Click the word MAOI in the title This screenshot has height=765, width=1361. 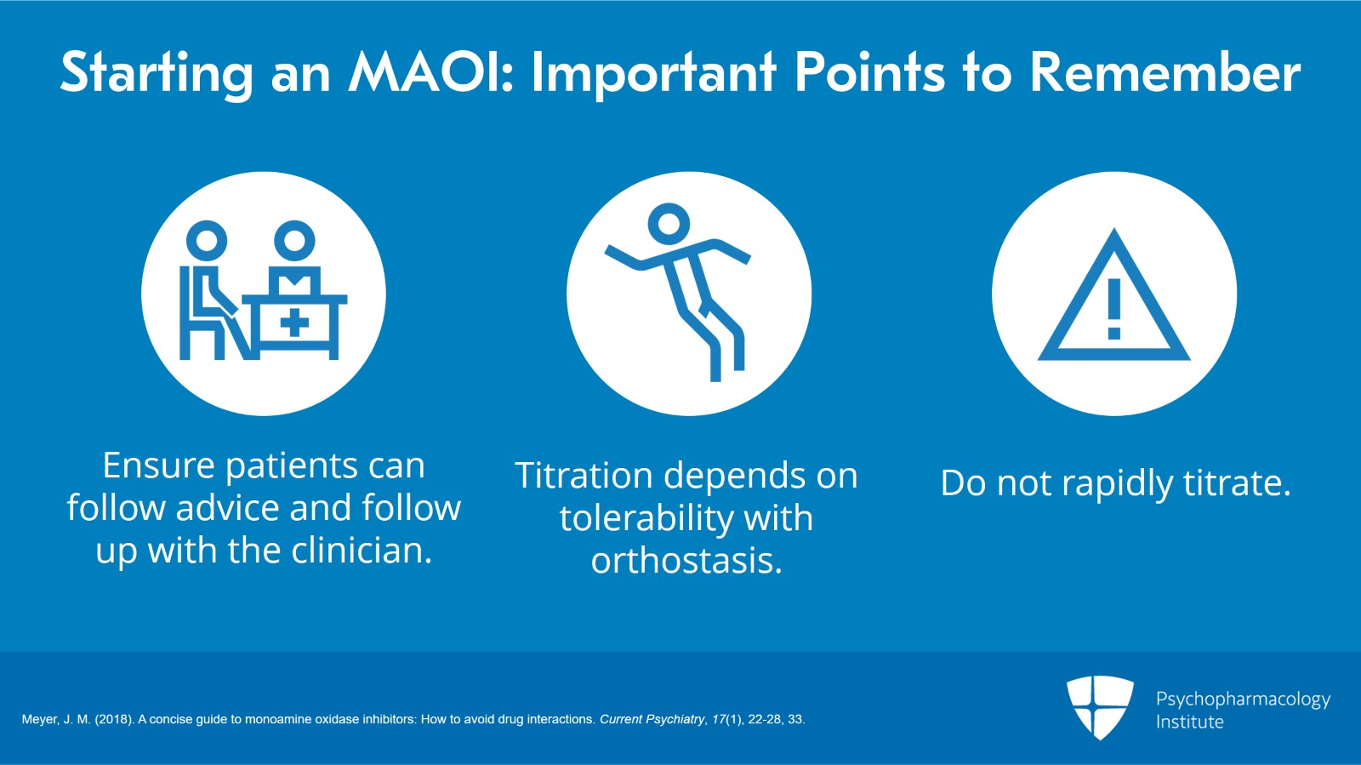(x=430, y=72)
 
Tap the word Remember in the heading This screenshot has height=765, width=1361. (x=1165, y=72)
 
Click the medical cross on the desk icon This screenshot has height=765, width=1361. (x=294, y=323)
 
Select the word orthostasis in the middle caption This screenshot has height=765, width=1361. (x=686, y=561)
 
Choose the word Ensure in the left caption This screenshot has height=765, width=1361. (x=158, y=465)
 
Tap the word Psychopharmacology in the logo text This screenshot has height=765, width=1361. (x=1242, y=699)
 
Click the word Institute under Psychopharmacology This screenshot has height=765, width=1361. (x=1189, y=722)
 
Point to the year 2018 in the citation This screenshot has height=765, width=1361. (x=113, y=719)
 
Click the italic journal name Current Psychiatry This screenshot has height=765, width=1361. (x=652, y=719)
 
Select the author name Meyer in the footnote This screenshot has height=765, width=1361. (x=39, y=719)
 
